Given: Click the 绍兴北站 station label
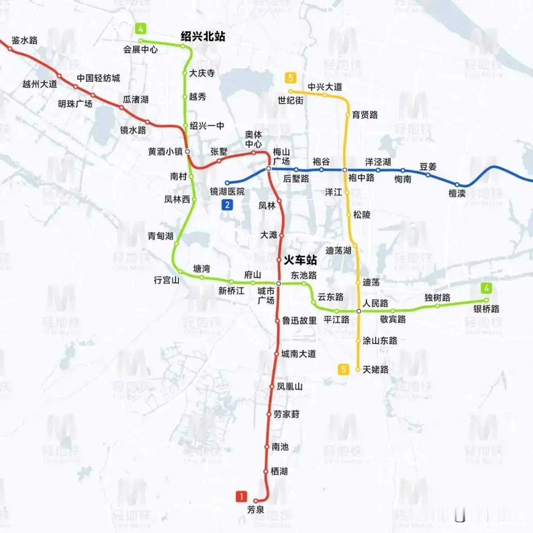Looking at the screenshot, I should pyautogui.click(x=203, y=37).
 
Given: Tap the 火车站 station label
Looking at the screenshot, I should pyautogui.click(x=300, y=260).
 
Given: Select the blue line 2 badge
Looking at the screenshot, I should pyautogui.click(x=227, y=205).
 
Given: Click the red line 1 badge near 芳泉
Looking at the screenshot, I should pyautogui.click(x=241, y=496).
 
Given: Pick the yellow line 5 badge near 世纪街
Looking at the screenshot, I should pyautogui.click(x=290, y=78).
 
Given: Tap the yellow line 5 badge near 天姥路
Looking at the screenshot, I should pyautogui.click(x=343, y=369).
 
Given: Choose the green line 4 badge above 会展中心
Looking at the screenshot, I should pyautogui.click(x=141, y=29).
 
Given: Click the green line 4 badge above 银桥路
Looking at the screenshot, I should pyautogui.click(x=486, y=288).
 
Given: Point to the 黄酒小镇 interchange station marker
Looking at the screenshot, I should pyautogui.click(x=187, y=152).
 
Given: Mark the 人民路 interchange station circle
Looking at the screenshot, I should pyautogui.click(x=359, y=311).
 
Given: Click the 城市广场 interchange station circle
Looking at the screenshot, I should pyautogui.click(x=279, y=284).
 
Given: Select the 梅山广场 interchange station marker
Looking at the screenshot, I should pyautogui.click(x=269, y=169).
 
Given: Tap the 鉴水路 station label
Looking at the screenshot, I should pyautogui.click(x=25, y=40).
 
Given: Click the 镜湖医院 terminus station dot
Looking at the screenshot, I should pyautogui.click(x=227, y=183).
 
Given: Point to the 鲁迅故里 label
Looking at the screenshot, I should pyautogui.click(x=299, y=321).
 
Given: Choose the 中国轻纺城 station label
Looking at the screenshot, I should pyautogui.click(x=98, y=78).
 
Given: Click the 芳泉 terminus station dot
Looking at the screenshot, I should pyautogui.click(x=256, y=501).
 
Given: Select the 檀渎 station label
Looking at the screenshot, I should pyautogui.click(x=457, y=193).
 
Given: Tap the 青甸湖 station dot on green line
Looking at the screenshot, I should pyautogui.click(x=176, y=243).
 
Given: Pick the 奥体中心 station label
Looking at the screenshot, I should pyautogui.click(x=253, y=139).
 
